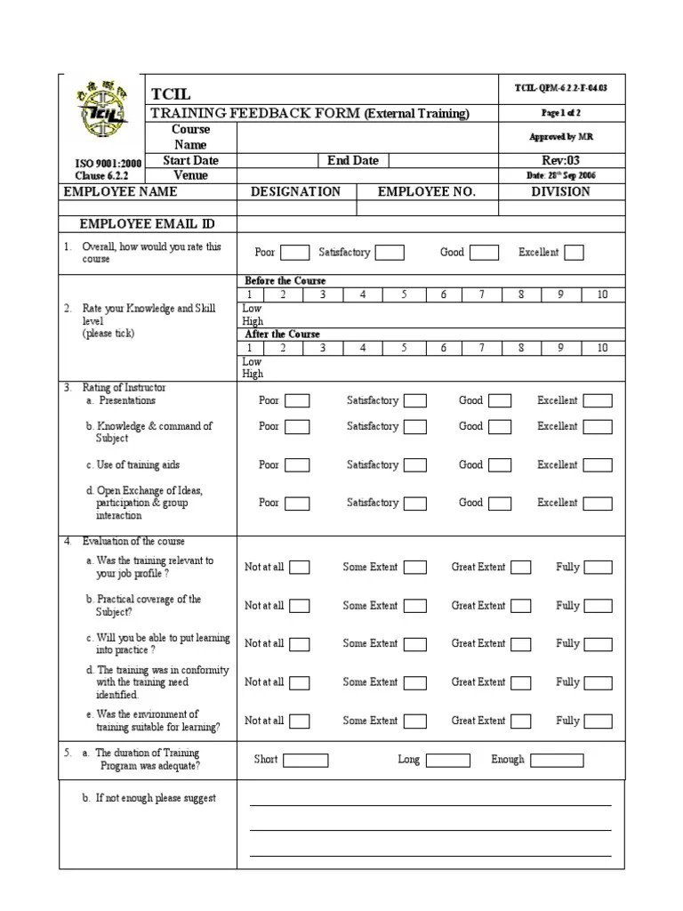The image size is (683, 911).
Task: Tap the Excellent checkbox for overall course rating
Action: [574, 253]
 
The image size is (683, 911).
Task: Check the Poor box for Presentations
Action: [297, 401]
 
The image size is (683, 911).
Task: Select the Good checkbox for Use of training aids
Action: [500, 465]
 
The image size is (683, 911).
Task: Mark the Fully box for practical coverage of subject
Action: [598, 606]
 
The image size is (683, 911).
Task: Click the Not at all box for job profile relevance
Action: [300, 568]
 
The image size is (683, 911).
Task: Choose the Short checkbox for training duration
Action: [305, 760]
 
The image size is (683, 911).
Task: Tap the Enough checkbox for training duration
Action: [557, 760]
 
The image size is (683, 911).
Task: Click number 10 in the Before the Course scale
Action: [602, 294]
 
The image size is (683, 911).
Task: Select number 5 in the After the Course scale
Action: [403, 348]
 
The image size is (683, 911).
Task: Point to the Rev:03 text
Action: [560, 161]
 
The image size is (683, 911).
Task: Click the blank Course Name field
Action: [367, 137]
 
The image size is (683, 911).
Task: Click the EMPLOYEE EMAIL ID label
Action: [147, 224]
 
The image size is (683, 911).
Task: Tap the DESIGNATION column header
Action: [295, 192]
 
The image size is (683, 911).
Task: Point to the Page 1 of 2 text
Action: [560, 113]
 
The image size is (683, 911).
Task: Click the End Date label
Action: [352, 161]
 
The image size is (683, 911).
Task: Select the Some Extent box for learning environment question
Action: [415, 721]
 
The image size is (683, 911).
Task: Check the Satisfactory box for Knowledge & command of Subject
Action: [415, 427]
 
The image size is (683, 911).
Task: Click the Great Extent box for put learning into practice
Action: [520, 644]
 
